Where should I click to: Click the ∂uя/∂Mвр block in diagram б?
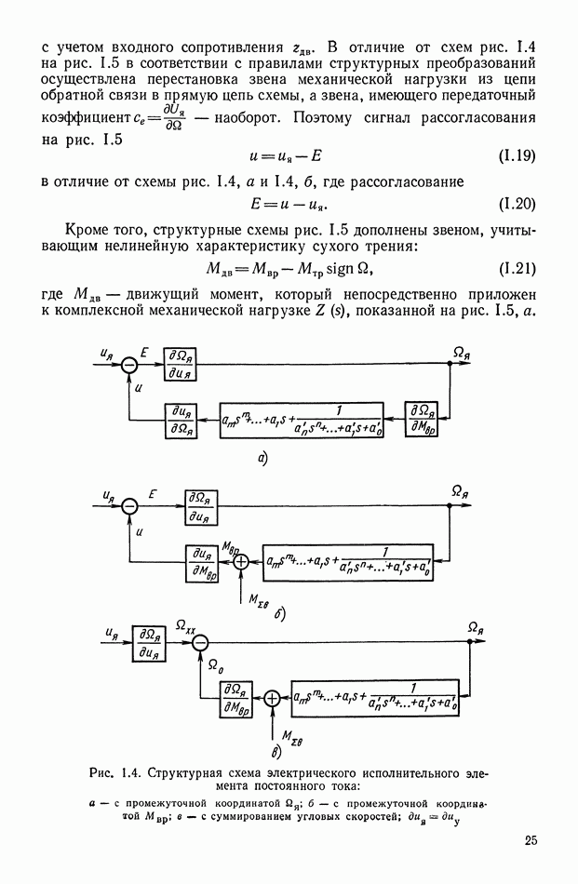tap(204, 559)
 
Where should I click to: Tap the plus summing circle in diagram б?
tap(241, 561)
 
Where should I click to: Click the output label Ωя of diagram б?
tap(458, 489)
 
